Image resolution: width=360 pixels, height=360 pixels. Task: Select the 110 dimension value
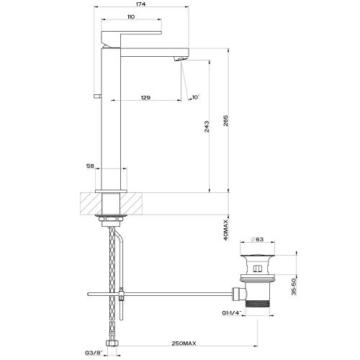point(130,17)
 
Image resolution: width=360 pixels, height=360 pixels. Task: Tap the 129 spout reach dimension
point(146,96)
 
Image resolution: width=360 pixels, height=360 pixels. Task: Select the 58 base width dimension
point(91,166)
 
